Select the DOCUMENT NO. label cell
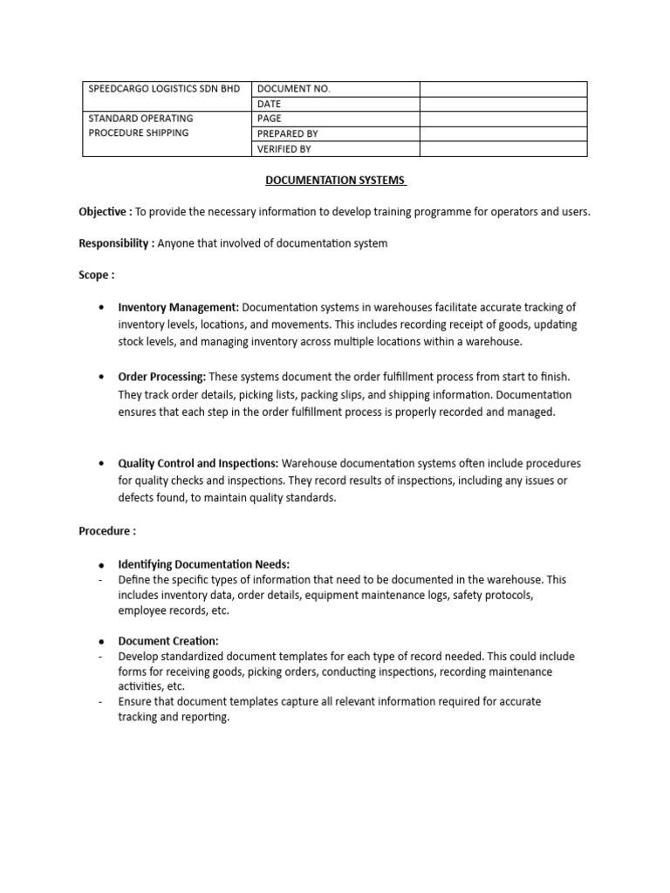[x=294, y=89]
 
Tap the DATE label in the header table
[x=270, y=104]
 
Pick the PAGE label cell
[x=270, y=119]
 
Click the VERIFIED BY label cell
[x=284, y=149]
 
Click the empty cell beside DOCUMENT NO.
[x=503, y=89]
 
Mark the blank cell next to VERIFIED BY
[x=503, y=149]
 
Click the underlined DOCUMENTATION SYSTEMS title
[x=335, y=181]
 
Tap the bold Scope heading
[x=96, y=275]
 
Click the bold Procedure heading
[x=106, y=530]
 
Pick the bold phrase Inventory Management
[x=179, y=308]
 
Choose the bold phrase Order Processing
[x=162, y=376]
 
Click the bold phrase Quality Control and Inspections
[x=199, y=463]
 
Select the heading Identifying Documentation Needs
[x=203, y=563]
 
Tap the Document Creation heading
[x=168, y=640]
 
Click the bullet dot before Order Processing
[x=103, y=377]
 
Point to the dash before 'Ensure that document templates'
[x=102, y=702]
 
